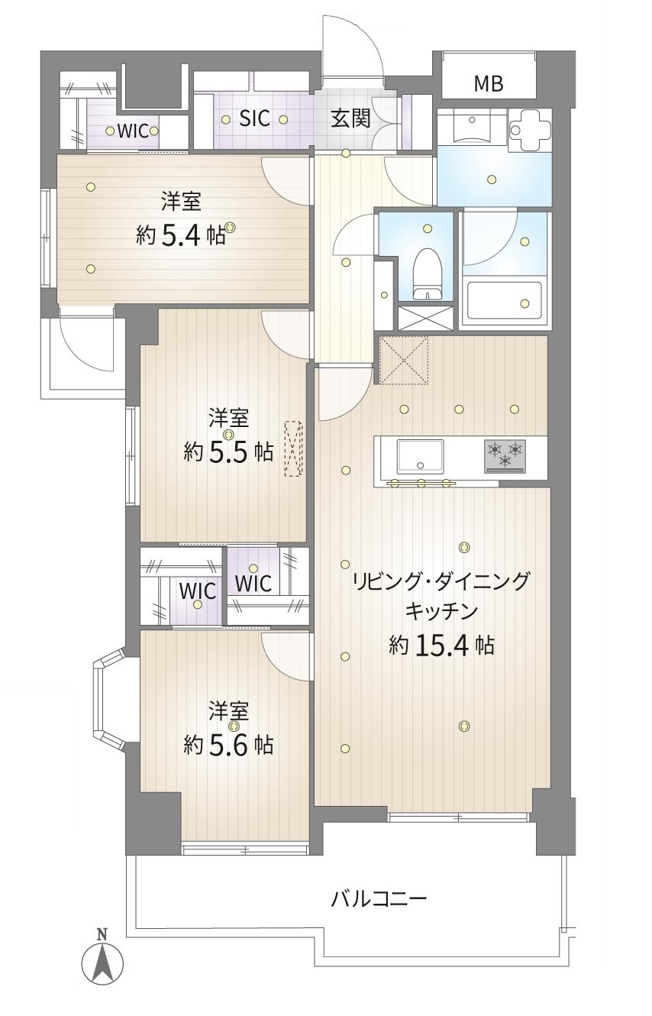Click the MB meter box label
coord(489,83)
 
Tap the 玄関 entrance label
coord(350,119)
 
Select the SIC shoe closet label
coord(254,119)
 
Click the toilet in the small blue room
coord(427,274)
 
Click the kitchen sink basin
coord(421,456)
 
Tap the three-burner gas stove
coord(505,456)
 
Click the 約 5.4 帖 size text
coord(181,235)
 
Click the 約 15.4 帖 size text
coord(441,645)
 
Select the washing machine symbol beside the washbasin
coord(530,130)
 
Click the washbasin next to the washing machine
coord(473,128)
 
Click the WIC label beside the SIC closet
coord(134,131)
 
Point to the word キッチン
coord(441,611)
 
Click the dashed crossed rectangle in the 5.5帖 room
coord(293,449)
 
